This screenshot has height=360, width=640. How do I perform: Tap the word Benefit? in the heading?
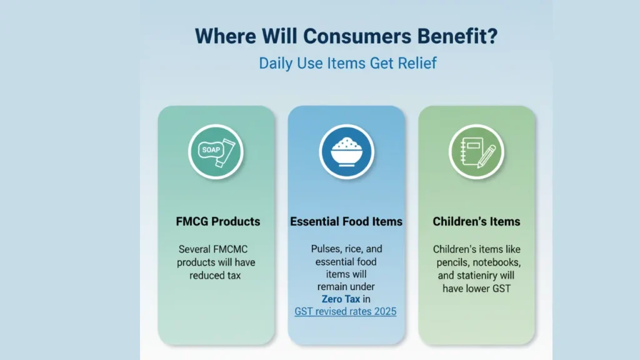[457, 36]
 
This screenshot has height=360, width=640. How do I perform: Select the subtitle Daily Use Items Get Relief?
[347, 63]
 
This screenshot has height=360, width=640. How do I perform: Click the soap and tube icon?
[216, 152]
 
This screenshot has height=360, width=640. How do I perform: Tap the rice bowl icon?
[346, 152]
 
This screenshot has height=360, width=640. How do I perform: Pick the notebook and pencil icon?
[476, 152]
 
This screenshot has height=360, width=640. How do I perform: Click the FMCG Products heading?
[218, 222]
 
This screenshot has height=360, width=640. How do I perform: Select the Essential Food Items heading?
[346, 222]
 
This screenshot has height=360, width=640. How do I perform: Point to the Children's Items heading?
[476, 222]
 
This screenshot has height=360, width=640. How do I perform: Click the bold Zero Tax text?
[341, 299]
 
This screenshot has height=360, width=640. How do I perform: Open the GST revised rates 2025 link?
[345, 311]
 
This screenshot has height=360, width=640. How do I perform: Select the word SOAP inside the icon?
[211, 150]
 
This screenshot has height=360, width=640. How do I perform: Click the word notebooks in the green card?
[497, 262]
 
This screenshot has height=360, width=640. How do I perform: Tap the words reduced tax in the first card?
[215, 276]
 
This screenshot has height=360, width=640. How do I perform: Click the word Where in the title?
[225, 36]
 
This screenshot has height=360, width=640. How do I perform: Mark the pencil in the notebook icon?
[486, 156]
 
